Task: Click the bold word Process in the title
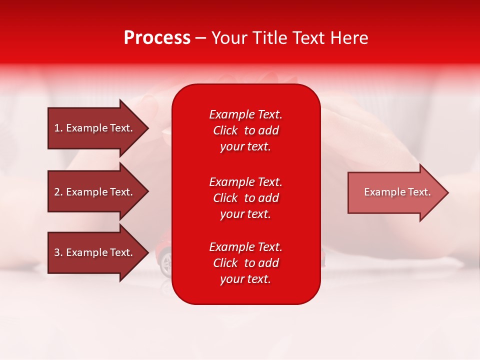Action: pos(157,38)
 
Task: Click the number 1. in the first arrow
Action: pos(58,128)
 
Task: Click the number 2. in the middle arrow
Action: pos(58,192)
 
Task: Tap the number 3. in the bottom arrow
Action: pos(58,252)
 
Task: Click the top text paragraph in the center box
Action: pos(245,130)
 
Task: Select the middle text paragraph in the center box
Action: pos(245,198)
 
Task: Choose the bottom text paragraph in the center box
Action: pos(245,263)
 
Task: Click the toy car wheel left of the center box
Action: pos(166,263)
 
